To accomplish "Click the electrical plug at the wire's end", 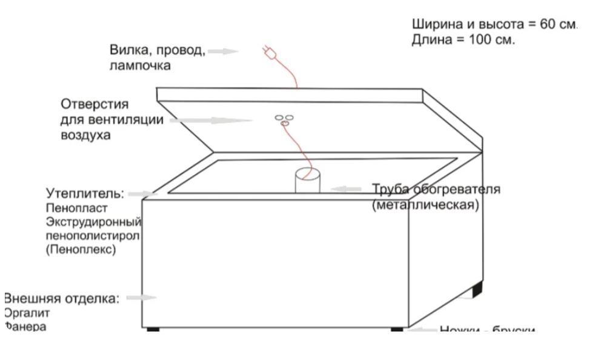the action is click(x=268, y=53).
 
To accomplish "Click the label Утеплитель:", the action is click(x=85, y=194).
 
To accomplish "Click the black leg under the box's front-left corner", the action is click(x=153, y=330).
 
